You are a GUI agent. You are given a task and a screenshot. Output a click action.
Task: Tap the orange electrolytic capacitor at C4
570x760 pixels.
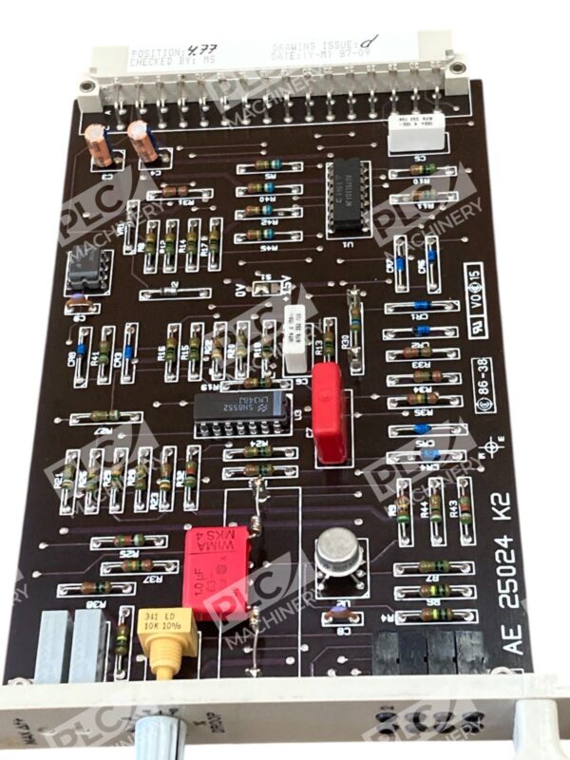[145, 141]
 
